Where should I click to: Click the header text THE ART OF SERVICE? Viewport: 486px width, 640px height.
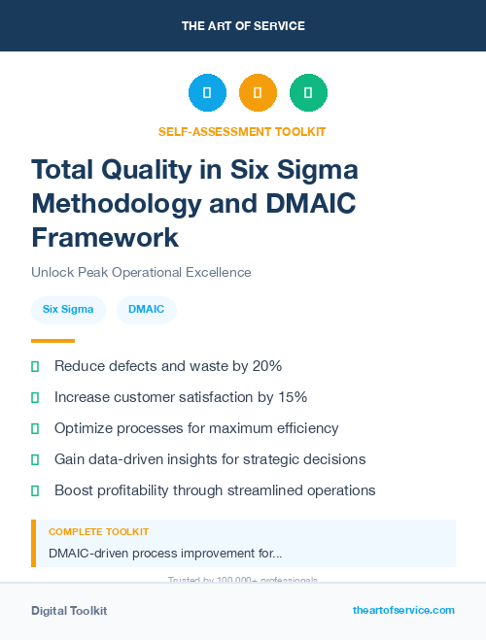[243, 25]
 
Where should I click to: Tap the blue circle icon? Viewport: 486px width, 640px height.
[207, 92]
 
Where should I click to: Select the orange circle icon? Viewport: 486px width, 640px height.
[258, 92]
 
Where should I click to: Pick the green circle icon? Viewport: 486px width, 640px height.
[308, 92]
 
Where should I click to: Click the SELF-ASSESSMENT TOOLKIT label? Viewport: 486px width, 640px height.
[242, 131]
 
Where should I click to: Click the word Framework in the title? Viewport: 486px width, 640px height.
[105, 237]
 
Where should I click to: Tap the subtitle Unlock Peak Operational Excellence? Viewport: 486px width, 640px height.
[141, 273]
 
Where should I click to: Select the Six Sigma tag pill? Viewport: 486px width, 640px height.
[68, 310]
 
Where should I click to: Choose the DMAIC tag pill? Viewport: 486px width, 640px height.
[147, 310]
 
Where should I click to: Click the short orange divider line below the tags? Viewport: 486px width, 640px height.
[52, 341]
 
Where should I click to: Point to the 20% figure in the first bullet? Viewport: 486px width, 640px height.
[264, 366]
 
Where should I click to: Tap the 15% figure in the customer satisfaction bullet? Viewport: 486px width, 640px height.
[290, 397]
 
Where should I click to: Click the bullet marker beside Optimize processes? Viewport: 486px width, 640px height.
[35, 428]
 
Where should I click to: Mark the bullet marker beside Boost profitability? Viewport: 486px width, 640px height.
[35, 490]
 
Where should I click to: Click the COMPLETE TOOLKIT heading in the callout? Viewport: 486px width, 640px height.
[99, 532]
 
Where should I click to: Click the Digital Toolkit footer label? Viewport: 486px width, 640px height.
[69, 611]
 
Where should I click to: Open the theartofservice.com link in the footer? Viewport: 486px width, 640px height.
[403, 610]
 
